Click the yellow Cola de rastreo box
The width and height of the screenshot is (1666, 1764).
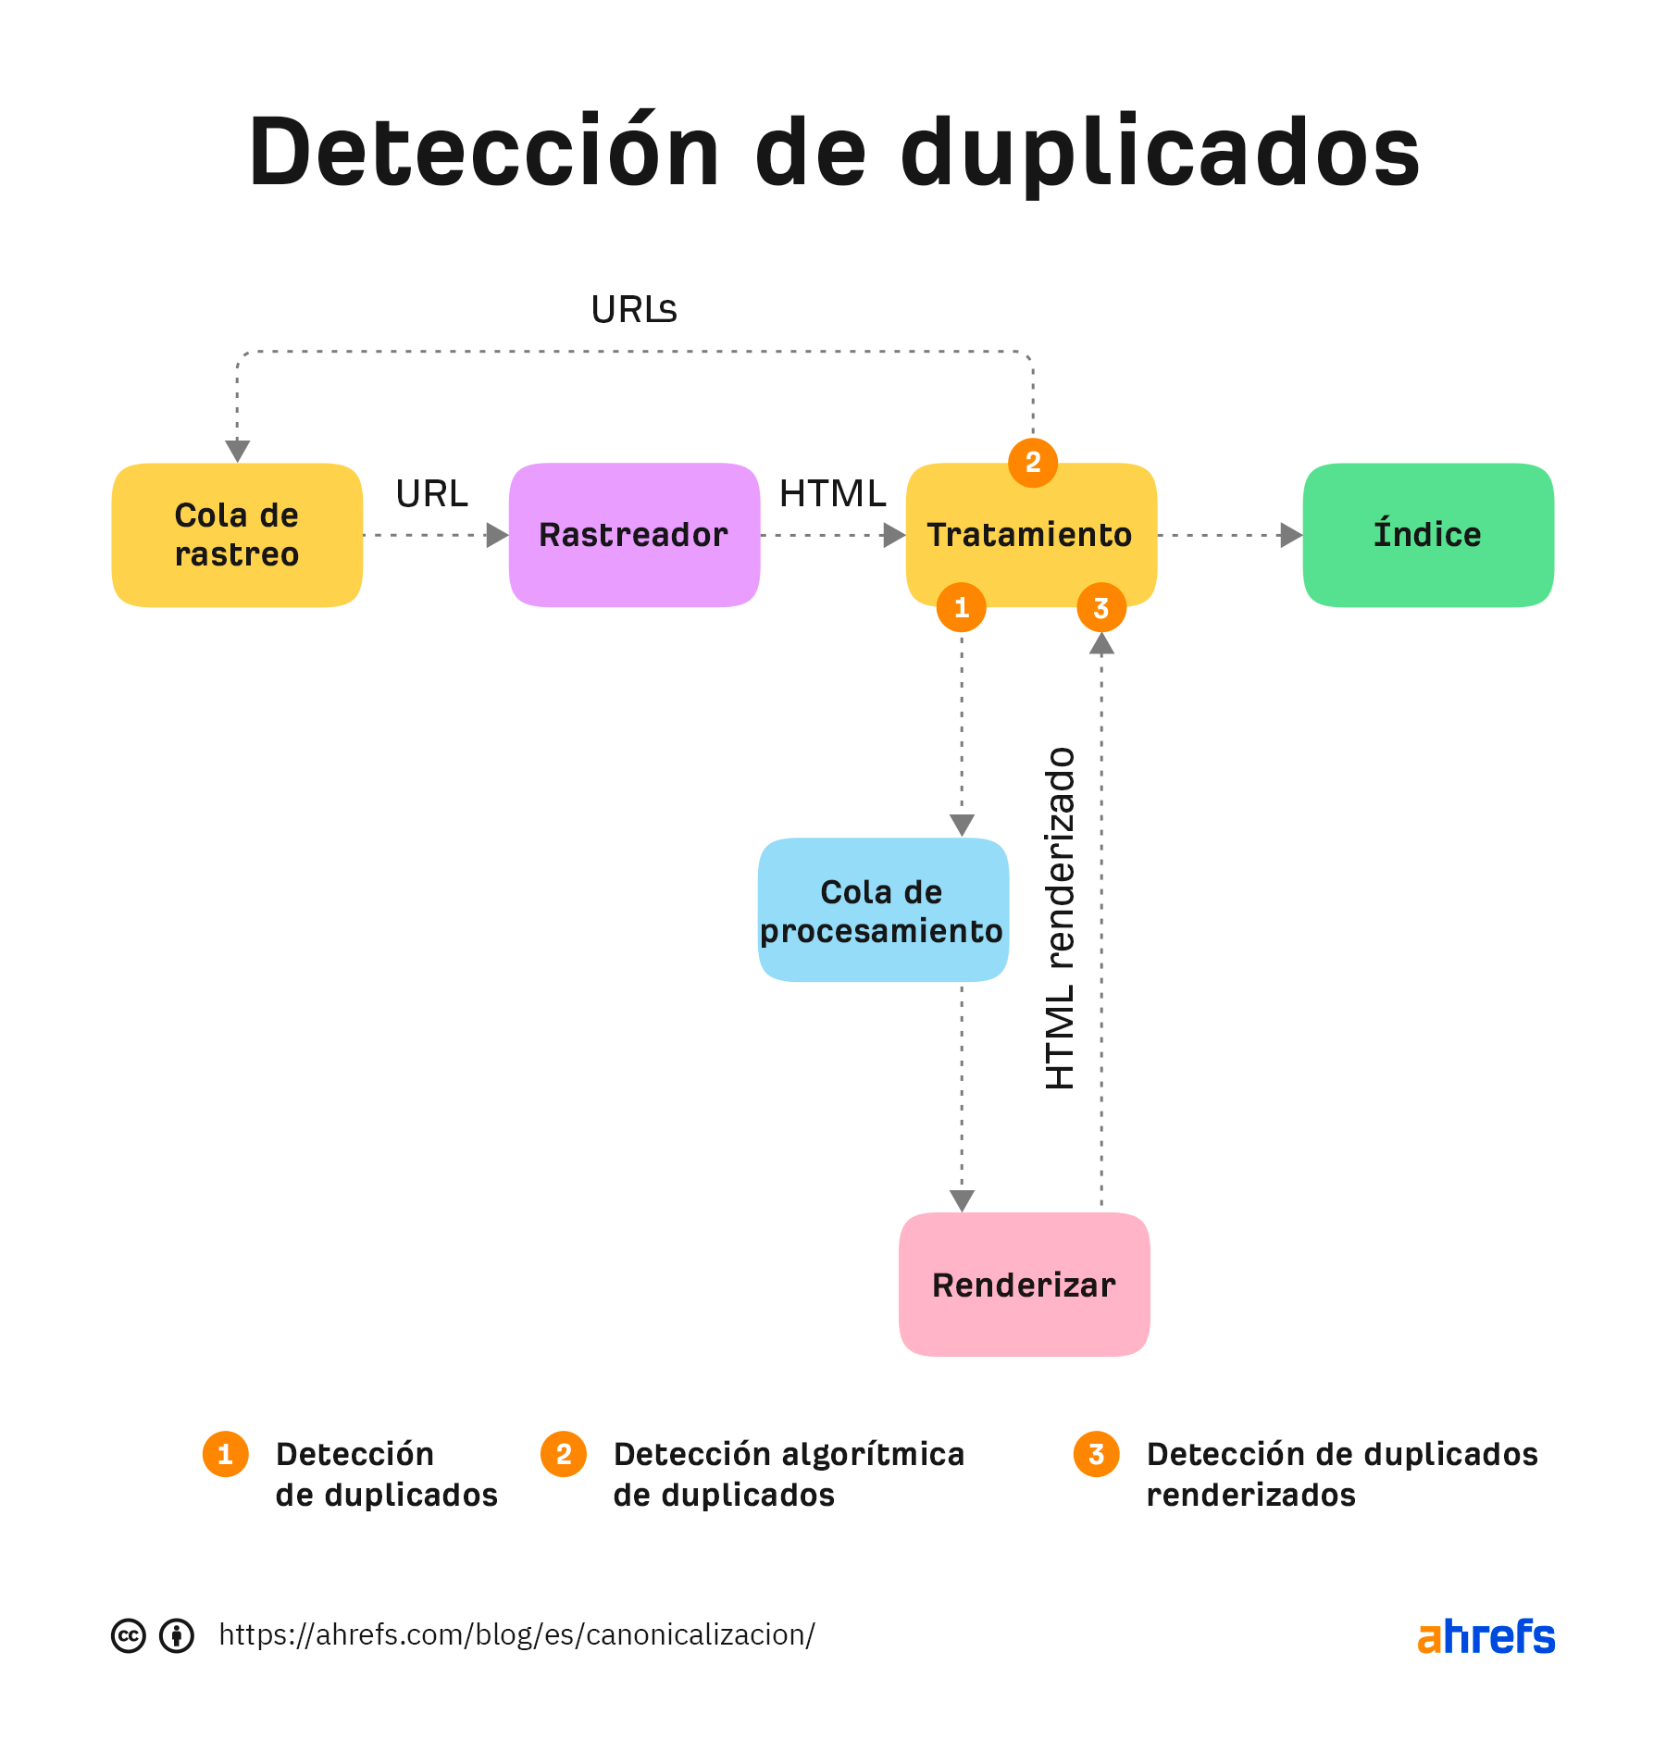click(x=236, y=535)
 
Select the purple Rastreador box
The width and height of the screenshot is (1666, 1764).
click(x=634, y=535)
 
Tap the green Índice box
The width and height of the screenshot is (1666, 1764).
click(x=1427, y=535)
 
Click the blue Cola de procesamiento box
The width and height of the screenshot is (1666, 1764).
click(x=882, y=911)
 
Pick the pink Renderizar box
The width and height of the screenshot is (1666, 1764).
click(x=1024, y=1285)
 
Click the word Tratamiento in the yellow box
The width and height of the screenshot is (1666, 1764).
click(x=1029, y=535)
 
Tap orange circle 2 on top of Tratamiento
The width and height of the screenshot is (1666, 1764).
click(x=1033, y=462)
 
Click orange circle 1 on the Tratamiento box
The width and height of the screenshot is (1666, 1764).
click(x=962, y=607)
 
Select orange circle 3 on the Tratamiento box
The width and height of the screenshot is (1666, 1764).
click(x=1100, y=607)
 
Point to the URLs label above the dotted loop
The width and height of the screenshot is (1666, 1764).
click(x=634, y=310)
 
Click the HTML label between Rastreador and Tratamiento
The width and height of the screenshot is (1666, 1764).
click(x=832, y=493)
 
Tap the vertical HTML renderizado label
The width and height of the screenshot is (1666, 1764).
click(x=1061, y=918)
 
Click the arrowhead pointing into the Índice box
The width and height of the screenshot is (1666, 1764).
click(x=1290, y=535)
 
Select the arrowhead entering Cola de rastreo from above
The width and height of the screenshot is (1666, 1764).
click(x=238, y=451)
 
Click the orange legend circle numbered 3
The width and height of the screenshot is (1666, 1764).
click(x=1096, y=1454)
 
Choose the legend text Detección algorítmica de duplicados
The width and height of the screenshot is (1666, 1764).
click(x=788, y=1474)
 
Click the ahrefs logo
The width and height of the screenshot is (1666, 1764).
click(x=1486, y=1636)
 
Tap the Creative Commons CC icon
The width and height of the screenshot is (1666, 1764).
click(x=129, y=1635)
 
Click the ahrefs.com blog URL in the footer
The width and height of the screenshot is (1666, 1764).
click(x=516, y=1634)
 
